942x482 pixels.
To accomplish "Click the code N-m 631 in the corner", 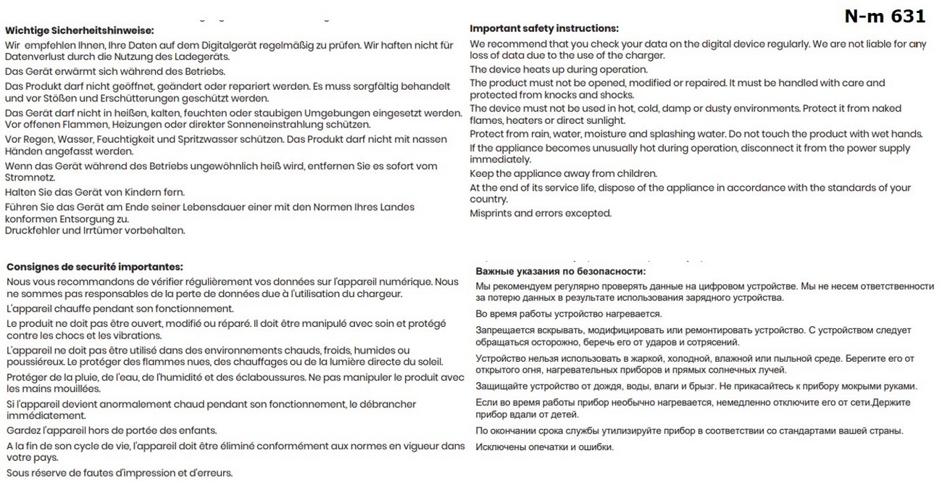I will (885, 15).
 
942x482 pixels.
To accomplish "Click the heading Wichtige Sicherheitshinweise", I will (80, 30).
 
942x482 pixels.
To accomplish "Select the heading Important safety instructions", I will (544, 28).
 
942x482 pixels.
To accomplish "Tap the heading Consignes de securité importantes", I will (94, 267).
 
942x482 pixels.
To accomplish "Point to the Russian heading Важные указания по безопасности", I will (560, 271).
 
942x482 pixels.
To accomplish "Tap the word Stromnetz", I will (28, 178).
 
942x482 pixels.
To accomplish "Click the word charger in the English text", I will (644, 56).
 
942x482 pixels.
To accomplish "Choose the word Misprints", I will (493, 213).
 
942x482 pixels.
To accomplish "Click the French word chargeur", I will (377, 294).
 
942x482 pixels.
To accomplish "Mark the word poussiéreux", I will (36, 362).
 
